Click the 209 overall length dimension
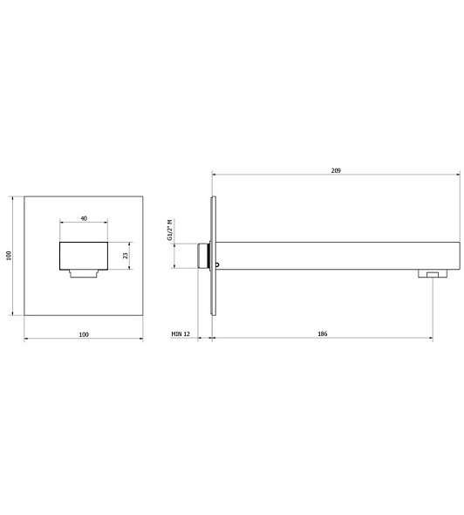coord(336,170)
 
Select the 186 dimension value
coord(323,333)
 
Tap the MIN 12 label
coord(181,333)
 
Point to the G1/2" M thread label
coord(170,230)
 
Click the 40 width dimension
coord(84,218)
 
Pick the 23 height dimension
coord(126,256)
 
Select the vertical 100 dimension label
coord(9,256)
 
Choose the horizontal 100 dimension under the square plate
coord(84,334)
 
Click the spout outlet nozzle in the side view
coord(433,273)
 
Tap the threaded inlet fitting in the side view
coord(203,256)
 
